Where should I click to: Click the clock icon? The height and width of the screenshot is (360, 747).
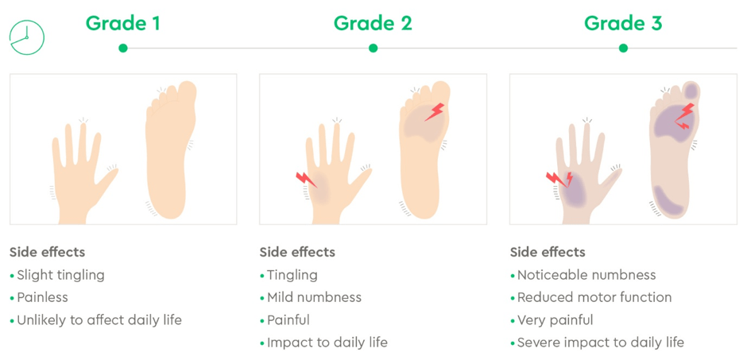(x=27, y=37)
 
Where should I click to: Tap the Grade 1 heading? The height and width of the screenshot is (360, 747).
(x=122, y=23)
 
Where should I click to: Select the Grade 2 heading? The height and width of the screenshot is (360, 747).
(x=373, y=23)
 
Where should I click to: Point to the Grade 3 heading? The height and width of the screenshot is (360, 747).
(x=623, y=23)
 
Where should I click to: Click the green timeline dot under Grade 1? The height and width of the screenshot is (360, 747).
(x=123, y=48)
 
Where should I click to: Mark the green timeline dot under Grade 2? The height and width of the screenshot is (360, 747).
(x=373, y=48)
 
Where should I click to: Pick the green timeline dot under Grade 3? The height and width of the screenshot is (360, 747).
(x=623, y=48)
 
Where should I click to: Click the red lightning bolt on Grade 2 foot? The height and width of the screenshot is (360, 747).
(x=434, y=112)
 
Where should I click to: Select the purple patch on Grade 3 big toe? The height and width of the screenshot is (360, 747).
(x=691, y=90)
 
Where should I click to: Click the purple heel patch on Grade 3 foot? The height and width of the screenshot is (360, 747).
(x=669, y=200)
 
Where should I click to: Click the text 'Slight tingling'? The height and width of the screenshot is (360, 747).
(x=60, y=275)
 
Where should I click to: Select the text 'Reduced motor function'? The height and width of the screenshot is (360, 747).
(x=594, y=298)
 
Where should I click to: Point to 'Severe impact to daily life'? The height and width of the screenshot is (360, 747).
(x=601, y=343)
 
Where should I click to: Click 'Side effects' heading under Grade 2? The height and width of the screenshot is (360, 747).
(x=297, y=252)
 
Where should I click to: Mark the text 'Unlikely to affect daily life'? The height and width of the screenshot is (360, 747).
(x=99, y=320)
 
